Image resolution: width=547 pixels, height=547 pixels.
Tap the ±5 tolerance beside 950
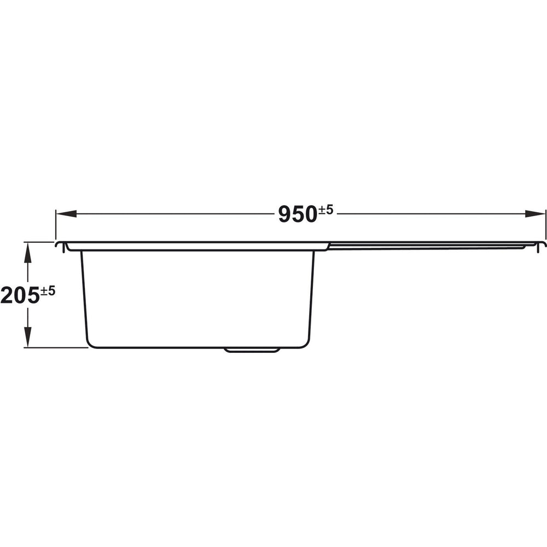click(x=325, y=209)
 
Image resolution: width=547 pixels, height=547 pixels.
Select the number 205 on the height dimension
click(x=20, y=295)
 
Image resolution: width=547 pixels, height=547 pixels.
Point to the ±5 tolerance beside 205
click(x=48, y=290)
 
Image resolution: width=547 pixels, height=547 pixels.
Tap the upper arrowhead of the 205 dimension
click(x=28, y=251)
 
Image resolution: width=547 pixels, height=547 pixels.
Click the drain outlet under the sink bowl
click(x=253, y=350)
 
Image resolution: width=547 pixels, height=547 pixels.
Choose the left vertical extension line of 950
click(x=55, y=224)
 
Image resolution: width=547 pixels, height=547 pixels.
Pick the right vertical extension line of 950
click(x=545, y=224)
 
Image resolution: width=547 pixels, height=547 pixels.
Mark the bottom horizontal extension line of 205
click(x=55, y=347)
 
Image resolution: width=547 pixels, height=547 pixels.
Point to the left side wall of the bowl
click(x=83, y=295)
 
